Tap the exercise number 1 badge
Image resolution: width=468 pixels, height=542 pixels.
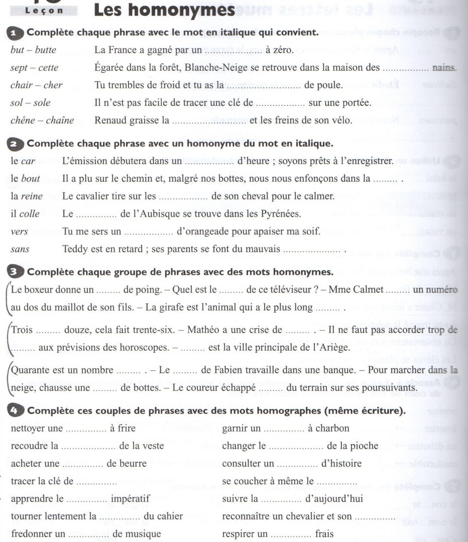(17, 33)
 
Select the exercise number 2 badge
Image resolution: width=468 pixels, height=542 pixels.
(17, 144)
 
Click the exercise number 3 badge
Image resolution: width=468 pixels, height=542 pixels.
(17, 273)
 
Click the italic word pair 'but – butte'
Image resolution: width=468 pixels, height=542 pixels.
(33, 50)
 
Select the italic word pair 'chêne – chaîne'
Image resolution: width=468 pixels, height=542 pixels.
(42, 120)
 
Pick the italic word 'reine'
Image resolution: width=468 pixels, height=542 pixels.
(32, 196)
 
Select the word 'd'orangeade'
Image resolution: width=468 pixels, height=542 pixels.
(201, 231)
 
